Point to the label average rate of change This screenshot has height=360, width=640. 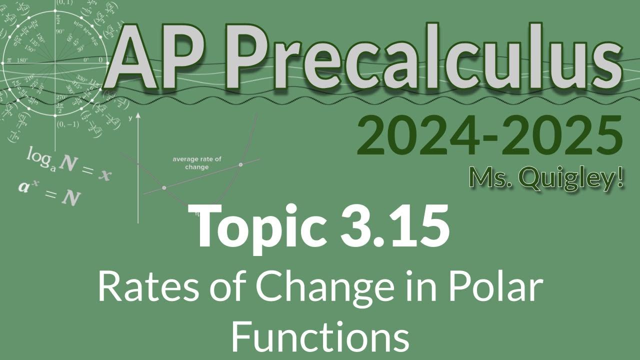point(197,163)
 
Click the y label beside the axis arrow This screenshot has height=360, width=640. point(130,118)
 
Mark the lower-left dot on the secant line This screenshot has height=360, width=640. point(164,187)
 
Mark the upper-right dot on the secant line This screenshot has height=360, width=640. point(241,164)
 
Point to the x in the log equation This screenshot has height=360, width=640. point(103,174)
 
